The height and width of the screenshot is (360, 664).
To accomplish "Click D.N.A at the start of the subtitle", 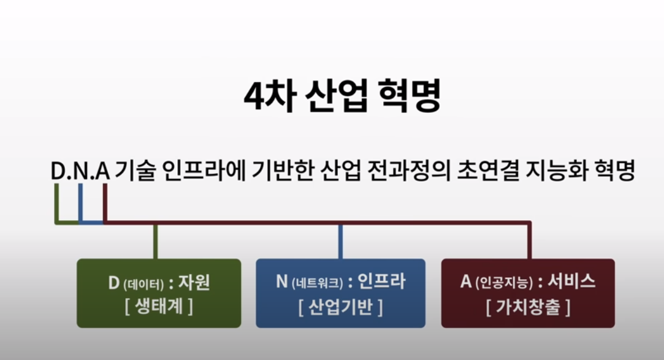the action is [x=80, y=171].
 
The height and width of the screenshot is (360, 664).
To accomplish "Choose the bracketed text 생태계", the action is [x=159, y=306].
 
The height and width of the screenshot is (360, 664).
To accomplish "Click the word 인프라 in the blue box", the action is [x=381, y=282].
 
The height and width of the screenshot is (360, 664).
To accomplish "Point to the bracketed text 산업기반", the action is [x=341, y=306].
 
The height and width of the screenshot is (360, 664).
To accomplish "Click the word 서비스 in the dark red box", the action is [x=571, y=282].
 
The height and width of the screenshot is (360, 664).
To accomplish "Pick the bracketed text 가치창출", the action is [x=528, y=306].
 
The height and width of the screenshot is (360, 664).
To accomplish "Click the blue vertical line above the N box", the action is [x=340, y=241].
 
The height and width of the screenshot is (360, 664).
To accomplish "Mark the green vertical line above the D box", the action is [x=155, y=241].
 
